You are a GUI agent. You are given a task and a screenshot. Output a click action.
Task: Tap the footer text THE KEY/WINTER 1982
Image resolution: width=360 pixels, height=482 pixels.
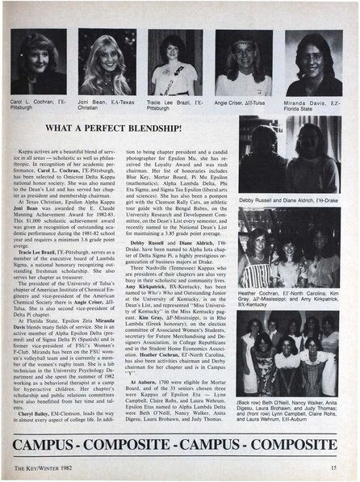coord(41,466)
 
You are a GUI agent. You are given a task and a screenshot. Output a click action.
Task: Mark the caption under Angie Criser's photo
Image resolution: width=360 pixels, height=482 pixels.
coord(245,104)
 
